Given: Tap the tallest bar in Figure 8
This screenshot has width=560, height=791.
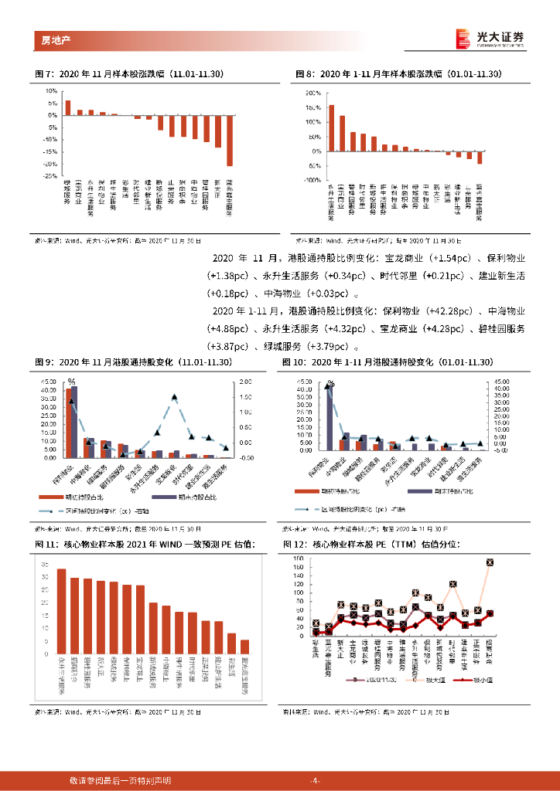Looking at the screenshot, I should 332,127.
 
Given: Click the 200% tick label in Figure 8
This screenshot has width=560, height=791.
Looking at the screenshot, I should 314,93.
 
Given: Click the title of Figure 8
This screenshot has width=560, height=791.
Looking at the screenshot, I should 399,74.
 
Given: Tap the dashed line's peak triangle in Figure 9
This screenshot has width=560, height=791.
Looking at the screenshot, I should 175,397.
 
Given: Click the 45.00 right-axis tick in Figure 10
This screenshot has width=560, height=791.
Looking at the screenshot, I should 498,382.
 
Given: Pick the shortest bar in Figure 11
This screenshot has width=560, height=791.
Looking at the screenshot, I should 244,646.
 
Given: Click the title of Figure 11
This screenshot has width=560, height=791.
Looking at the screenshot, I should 145,545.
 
